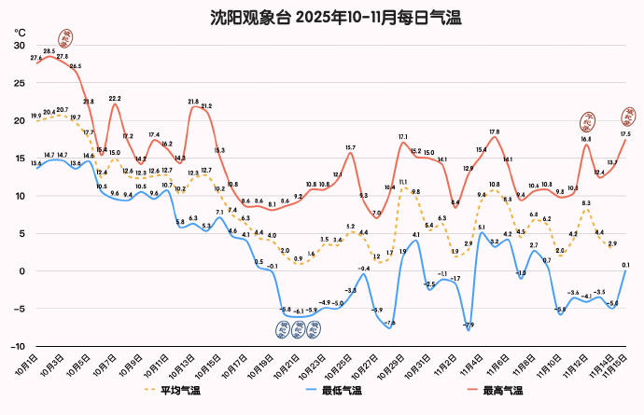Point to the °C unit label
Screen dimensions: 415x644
(x=20, y=33)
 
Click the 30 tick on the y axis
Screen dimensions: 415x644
(x=19, y=46)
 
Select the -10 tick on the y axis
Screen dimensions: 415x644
(x=17, y=346)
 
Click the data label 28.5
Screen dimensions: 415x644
(x=49, y=51)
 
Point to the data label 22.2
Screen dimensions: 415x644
(x=115, y=98)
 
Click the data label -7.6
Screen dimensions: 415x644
(x=389, y=322)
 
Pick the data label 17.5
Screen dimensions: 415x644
(x=624, y=133)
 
